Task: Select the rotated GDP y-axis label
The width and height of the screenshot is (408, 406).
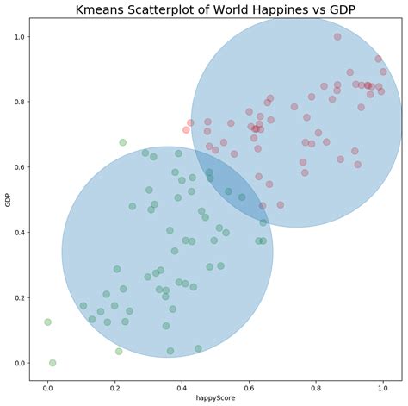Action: pos(8,201)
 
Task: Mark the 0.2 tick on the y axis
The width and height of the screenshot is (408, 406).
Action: pos(18,298)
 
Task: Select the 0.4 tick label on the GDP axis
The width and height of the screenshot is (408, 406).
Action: pos(18,233)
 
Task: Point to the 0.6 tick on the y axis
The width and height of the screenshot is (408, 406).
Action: pos(18,167)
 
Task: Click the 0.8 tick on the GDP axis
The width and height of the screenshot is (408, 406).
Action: pos(18,103)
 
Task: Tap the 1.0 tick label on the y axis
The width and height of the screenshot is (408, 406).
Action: pos(18,37)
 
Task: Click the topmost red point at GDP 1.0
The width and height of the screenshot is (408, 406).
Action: pos(337,37)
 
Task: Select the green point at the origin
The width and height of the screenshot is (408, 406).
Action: pos(53,363)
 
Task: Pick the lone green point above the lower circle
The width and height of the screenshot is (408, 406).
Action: pos(123,142)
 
